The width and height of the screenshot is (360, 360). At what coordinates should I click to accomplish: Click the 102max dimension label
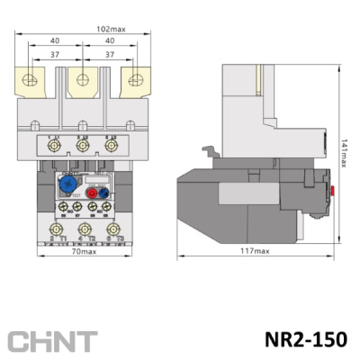coord(111,28)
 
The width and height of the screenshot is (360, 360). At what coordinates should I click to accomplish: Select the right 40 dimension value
coord(110,40)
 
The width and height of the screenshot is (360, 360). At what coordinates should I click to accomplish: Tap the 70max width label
coord(84,251)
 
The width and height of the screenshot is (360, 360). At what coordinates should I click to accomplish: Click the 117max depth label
coord(255,251)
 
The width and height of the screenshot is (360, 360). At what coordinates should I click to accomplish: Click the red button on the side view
coord(334,191)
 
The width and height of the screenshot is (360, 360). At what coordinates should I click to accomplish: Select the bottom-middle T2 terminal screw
coord(84,231)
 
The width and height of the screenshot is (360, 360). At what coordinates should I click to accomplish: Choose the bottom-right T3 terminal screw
coord(112,231)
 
